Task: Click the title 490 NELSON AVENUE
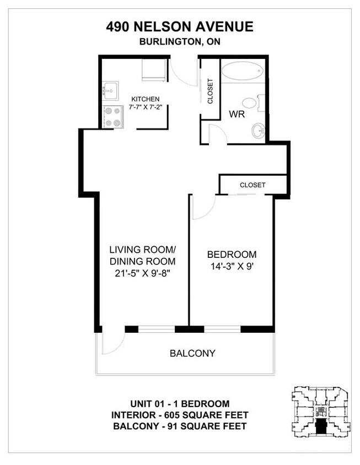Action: pyautogui.click(x=180, y=26)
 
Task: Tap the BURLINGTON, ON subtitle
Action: pyautogui.click(x=180, y=42)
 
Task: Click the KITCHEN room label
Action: pyautogui.click(x=146, y=99)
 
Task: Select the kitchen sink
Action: pyautogui.click(x=110, y=88)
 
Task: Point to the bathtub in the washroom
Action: pyautogui.click(x=243, y=72)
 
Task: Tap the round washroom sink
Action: pyautogui.click(x=257, y=131)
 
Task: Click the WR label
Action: pyautogui.click(x=237, y=115)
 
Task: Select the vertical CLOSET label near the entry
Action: pyautogui.click(x=210, y=91)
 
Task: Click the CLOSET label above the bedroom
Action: pyautogui.click(x=252, y=185)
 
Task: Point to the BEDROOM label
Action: pyautogui.click(x=232, y=255)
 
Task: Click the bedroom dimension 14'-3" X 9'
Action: pyautogui.click(x=232, y=267)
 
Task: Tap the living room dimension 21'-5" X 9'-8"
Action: pyautogui.click(x=142, y=274)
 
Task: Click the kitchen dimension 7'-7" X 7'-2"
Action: pyautogui.click(x=146, y=107)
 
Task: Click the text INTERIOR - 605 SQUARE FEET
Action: pyautogui.click(x=180, y=415)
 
